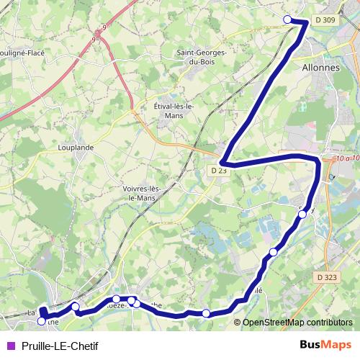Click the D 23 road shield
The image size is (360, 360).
click(220, 171)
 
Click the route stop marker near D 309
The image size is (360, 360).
click(288, 19)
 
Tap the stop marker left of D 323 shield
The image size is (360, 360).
click(274, 252)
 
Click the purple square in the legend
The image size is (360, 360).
click(10, 345)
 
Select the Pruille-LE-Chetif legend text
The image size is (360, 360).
click(60, 345)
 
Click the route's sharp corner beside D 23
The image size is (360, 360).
click(222, 163)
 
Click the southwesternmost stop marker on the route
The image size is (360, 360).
click(42, 321)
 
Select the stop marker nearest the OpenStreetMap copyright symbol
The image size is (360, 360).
click(207, 312)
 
